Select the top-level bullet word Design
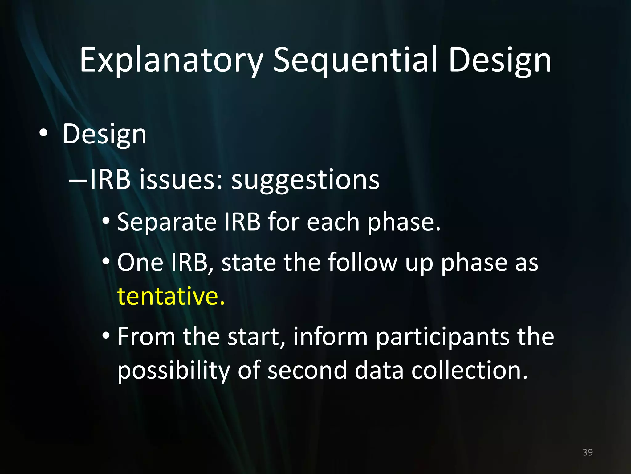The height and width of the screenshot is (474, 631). click(x=104, y=134)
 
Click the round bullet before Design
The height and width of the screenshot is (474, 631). click(x=43, y=133)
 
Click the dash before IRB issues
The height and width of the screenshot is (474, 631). click(x=79, y=180)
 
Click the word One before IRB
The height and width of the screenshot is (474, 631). click(x=140, y=263)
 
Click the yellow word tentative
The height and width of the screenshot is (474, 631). click(x=170, y=296)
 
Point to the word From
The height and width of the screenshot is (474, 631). click(x=146, y=337)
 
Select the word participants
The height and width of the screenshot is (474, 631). click(x=442, y=337)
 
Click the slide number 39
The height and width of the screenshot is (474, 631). click(x=587, y=452)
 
